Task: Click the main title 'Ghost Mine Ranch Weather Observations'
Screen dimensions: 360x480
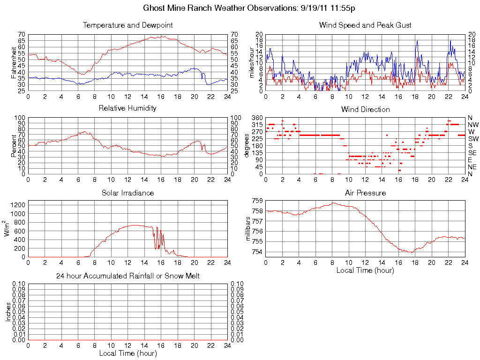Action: click(220, 8)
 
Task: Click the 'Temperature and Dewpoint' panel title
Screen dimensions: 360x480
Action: click(127, 25)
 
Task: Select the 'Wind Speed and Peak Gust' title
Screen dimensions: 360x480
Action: click(365, 25)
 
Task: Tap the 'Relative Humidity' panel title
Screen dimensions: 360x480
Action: click(127, 108)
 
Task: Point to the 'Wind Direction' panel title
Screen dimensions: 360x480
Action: click(365, 110)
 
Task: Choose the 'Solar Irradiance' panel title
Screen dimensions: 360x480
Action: click(127, 193)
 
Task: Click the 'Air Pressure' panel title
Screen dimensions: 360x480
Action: click(365, 193)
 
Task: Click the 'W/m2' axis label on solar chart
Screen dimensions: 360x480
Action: click(8, 228)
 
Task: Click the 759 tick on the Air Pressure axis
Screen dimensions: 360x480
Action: click(257, 201)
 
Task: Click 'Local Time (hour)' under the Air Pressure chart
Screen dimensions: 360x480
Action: click(365, 270)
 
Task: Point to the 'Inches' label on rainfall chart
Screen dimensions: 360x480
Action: click(8, 311)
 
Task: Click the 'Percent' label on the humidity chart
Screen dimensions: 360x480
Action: click(14, 145)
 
